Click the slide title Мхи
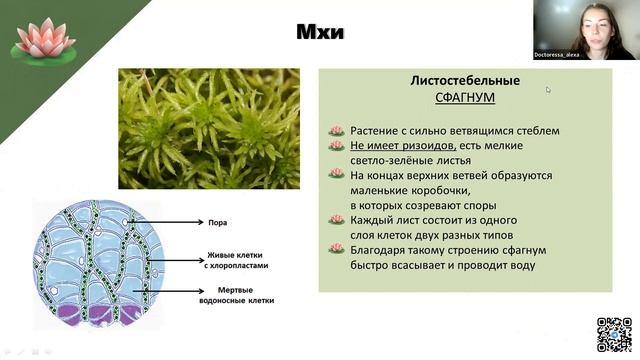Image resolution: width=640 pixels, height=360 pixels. pyautogui.click(x=320, y=33)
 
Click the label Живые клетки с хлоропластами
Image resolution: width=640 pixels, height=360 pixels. pyautogui.click(x=235, y=259)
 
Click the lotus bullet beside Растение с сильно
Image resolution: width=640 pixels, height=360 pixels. pyautogui.click(x=337, y=131)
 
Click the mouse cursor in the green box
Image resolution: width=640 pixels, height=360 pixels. pyautogui.click(x=548, y=89)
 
